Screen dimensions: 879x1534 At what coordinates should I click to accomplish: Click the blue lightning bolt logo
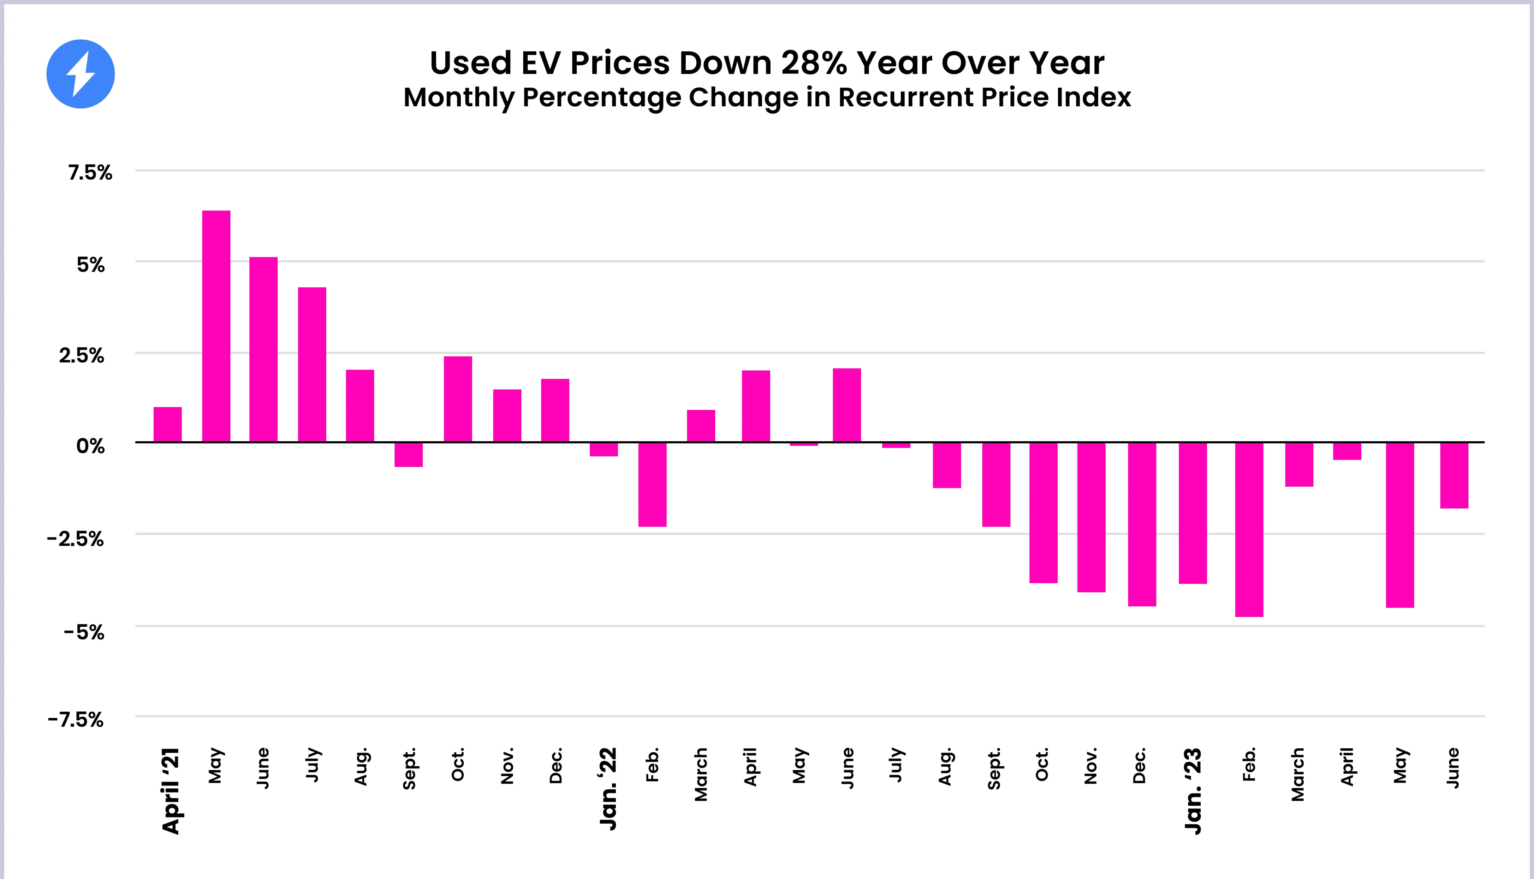click(80, 74)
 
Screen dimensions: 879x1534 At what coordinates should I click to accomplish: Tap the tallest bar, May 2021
click(216, 326)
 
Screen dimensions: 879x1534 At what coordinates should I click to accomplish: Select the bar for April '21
click(167, 425)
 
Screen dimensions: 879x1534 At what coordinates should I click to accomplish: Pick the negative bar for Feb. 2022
click(652, 484)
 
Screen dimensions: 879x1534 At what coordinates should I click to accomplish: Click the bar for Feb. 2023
click(1249, 529)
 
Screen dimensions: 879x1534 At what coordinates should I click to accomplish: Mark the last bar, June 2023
click(1454, 475)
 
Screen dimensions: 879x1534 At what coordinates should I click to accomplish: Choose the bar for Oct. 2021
click(458, 399)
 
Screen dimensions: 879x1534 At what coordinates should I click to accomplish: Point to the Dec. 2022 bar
click(1142, 524)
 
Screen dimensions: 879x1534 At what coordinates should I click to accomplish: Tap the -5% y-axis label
click(84, 632)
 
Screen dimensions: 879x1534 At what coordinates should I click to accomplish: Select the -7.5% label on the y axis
click(76, 720)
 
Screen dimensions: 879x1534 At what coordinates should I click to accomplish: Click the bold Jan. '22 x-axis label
click(607, 788)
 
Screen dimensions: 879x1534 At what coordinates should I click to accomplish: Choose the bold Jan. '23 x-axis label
click(1193, 791)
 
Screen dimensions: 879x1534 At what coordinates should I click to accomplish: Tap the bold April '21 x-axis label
click(171, 791)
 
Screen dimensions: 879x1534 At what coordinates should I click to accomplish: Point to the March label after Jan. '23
click(1297, 775)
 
